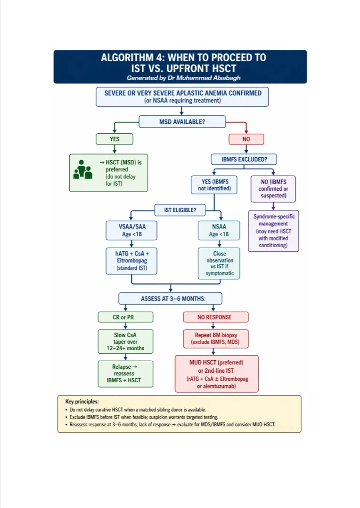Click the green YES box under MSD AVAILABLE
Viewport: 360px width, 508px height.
point(115,139)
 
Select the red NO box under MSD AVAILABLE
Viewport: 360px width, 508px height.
point(246,139)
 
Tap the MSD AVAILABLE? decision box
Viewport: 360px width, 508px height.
point(181,122)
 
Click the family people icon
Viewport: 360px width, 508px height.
point(82,170)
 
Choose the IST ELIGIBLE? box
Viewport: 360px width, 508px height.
point(180,210)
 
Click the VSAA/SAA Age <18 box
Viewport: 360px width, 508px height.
point(131,230)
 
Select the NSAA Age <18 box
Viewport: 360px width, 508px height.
point(219,230)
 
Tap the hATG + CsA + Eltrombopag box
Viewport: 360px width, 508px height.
point(131,260)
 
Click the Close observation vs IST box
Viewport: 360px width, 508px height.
point(219,263)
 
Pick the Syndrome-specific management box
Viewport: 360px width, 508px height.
point(273,231)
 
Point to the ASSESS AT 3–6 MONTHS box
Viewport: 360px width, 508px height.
point(170,298)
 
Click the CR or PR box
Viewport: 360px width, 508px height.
point(125,317)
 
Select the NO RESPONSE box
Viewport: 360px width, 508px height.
point(214,317)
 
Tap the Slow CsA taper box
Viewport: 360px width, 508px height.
point(125,341)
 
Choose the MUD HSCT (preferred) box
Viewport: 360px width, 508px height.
point(216,374)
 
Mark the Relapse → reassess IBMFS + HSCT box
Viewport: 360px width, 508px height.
point(125,373)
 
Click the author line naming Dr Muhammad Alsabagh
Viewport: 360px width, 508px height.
point(180,78)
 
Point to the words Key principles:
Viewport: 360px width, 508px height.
point(82,402)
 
